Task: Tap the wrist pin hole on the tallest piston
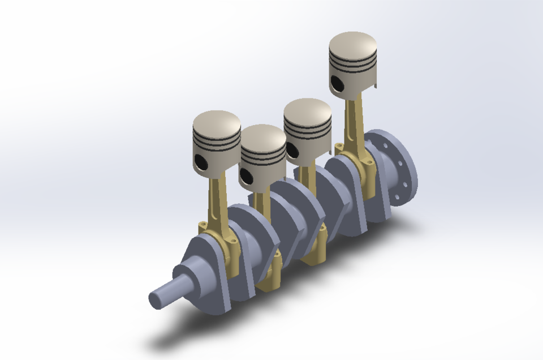(x=337, y=83)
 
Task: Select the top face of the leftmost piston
(x=217, y=122)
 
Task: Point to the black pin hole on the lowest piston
(x=244, y=176)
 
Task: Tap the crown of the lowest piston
(x=263, y=136)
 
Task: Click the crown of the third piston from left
(x=307, y=110)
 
